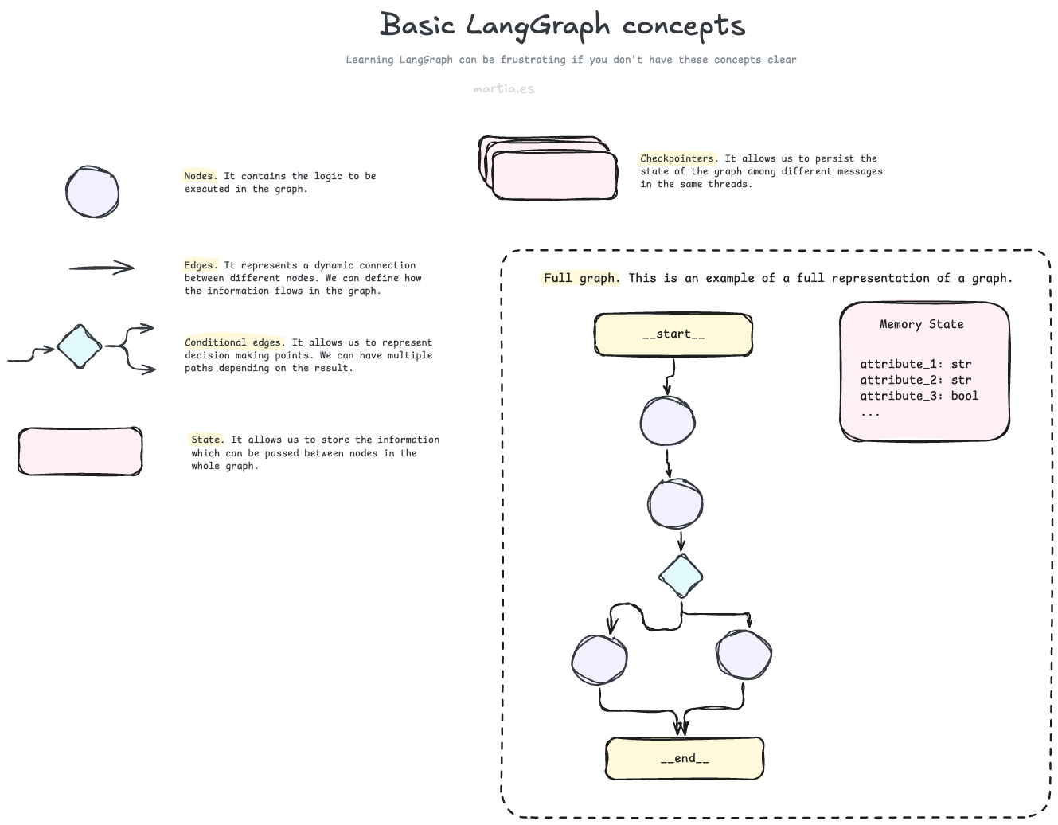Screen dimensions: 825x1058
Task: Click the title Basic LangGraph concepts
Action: click(562, 25)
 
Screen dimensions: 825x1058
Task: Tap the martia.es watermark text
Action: click(503, 88)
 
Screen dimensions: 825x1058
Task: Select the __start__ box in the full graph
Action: click(673, 334)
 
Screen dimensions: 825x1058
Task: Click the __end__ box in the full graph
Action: click(685, 759)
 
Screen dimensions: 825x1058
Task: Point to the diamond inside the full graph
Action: click(681, 577)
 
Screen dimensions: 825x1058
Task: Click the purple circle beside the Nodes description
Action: click(92, 193)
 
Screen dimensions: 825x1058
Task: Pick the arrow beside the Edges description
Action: click(102, 268)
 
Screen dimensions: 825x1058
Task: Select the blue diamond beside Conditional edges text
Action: click(80, 347)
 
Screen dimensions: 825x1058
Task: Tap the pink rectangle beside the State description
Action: click(80, 452)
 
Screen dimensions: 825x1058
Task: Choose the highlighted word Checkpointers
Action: click(678, 158)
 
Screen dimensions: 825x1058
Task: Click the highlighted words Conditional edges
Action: click(233, 342)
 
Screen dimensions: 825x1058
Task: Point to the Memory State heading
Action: click(921, 324)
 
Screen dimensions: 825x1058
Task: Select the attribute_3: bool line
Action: click(919, 396)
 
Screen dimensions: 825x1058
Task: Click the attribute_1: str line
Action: click(916, 364)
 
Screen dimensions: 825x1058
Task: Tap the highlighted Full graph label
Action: click(580, 278)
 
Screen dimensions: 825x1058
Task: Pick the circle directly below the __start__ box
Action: click(668, 421)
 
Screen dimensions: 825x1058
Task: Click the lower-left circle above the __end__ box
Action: click(599, 659)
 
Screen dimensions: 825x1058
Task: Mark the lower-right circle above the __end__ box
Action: click(744, 655)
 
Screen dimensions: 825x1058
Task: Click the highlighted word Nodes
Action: click(199, 176)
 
